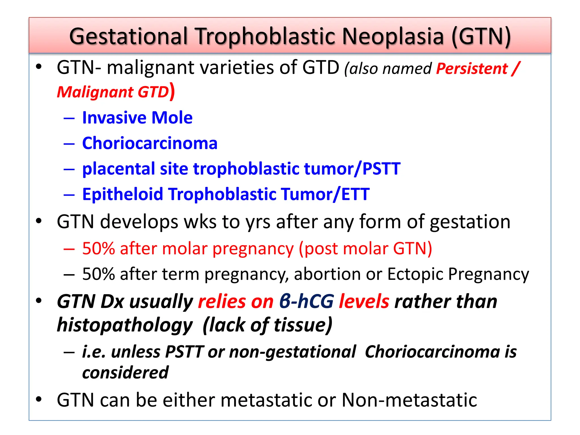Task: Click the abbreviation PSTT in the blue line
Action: pyautogui.click(x=381, y=169)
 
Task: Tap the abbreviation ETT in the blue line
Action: pyautogui.click(x=355, y=194)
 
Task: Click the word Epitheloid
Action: pyautogui.click(x=123, y=194)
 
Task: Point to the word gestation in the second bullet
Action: pyautogui.click(x=470, y=221)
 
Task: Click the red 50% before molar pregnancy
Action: pyautogui.click(x=98, y=249)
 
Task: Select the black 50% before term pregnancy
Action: pyautogui.click(x=98, y=274)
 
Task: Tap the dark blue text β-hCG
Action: pyautogui.click(x=307, y=301)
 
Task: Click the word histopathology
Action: pyautogui.click(x=125, y=325)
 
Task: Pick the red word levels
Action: pyautogui.click(x=364, y=301)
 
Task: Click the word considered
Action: pyautogui.click(x=125, y=372)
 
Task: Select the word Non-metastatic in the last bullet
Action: pyautogui.click(x=409, y=400)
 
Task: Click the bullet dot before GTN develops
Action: pyautogui.click(x=39, y=221)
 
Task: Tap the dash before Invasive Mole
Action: pyautogui.click(x=69, y=118)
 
